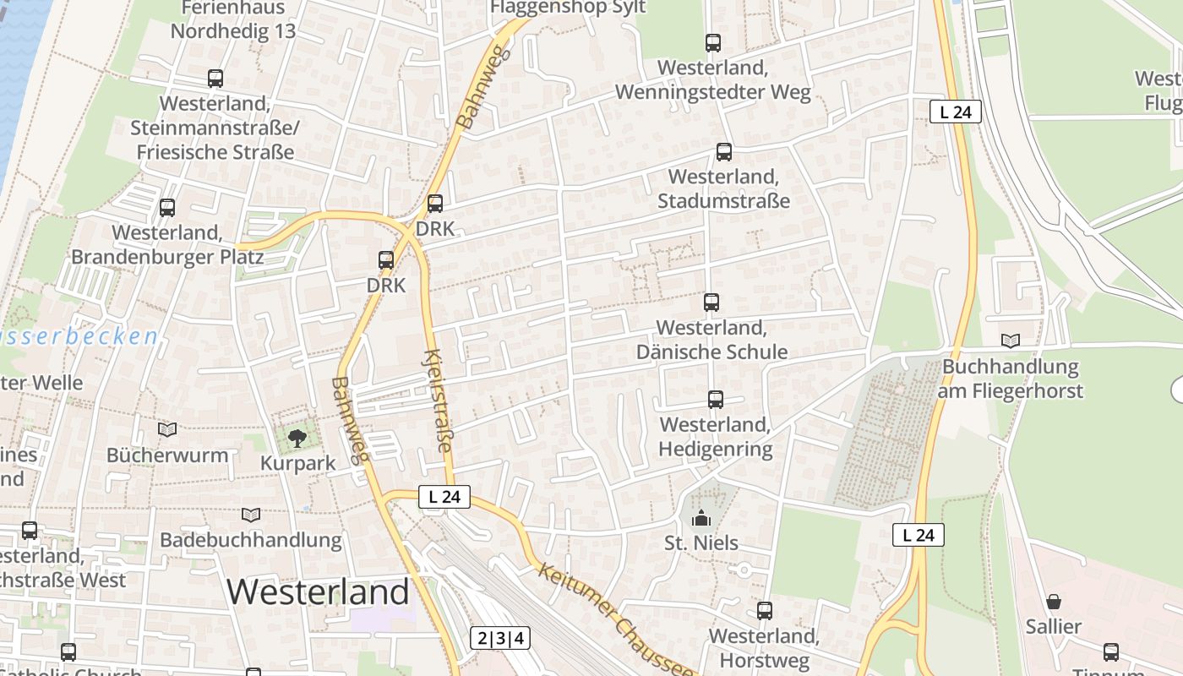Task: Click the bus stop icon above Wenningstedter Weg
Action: tap(713, 42)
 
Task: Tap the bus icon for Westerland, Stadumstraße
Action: tap(724, 152)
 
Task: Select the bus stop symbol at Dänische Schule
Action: tap(711, 303)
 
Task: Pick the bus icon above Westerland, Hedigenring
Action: tap(716, 400)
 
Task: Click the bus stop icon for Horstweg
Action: tap(765, 610)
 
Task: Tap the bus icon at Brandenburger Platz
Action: tap(167, 207)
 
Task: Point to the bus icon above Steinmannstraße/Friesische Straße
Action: tap(215, 79)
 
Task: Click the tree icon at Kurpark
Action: tap(297, 438)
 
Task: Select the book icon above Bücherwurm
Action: tap(167, 429)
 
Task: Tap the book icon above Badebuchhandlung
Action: tap(251, 514)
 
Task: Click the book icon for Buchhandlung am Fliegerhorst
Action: tap(1011, 341)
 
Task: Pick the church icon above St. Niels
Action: tap(701, 518)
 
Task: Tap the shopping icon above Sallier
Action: tap(1054, 602)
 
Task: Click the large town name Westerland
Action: tap(318, 591)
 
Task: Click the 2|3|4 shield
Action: tap(500, 638)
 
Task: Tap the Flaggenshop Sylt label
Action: tap(568, 8)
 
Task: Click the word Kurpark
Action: tap(297, 463)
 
